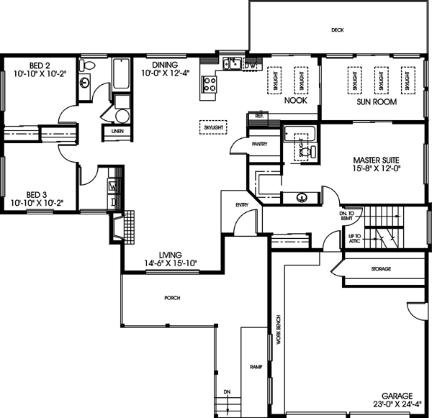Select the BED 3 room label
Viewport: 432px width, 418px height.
coord(36,194)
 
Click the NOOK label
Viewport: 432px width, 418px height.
coord(295,101)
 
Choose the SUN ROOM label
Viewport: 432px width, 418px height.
coord(374,101)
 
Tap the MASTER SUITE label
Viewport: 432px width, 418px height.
coord(375,159)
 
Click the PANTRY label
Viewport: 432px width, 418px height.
coord(260,144)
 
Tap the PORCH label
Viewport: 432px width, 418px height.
coord(171,297)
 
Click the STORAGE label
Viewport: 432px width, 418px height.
coord(381,269)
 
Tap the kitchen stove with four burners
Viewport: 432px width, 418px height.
coord(209,84)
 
